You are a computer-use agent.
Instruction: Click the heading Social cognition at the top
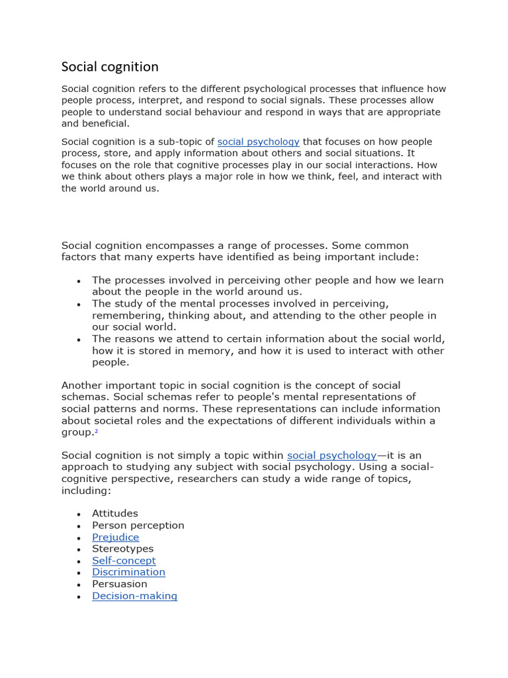point(110,67)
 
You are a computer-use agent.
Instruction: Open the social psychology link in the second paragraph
point(258,142)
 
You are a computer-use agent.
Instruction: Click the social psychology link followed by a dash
point(331,456)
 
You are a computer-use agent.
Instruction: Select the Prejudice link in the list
point(115,537)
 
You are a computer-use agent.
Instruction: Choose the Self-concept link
point(124,561)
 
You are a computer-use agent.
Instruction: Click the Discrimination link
point(128,572)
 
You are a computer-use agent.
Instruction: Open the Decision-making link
point(134,596)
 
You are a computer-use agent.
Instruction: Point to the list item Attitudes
point(115,513)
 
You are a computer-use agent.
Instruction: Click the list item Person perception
point(138,525)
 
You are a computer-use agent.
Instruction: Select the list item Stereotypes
point(122,549)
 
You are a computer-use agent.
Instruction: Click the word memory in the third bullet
point(202,351)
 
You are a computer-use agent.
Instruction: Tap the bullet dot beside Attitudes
point(79,514)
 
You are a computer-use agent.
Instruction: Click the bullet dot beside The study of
point(79,305)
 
